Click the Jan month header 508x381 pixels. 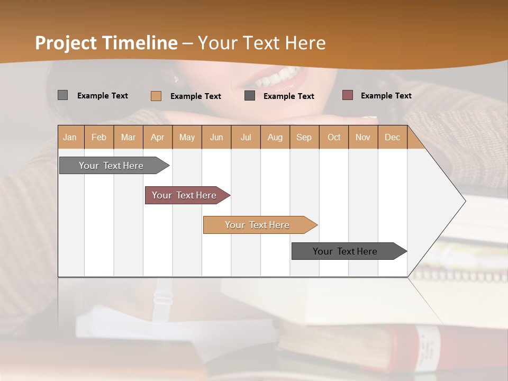pyautogui.click(x=70, y=137)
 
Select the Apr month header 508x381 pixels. pyautogui.click(x=157, y=137)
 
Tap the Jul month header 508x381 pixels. pyautogui.click(x=246, y=137)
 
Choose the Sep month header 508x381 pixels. pyautogui.click(x=304, y=137)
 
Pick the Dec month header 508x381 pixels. pyautogui.click(x=392, y=137)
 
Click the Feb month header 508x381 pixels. pyautogui.click(x=99, y=137)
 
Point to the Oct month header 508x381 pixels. pyautogui.click(x=334, y=137)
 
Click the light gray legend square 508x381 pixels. pyautogui.click(x=62, y=95)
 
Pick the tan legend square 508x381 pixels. pyautogui.click(x=156, y=96)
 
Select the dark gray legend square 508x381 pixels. pyautogui.click(x=250, y=96)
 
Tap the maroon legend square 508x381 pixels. pyautogui.click(x=348, y=95)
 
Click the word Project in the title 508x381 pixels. pyautogui.click(x=66, y=43)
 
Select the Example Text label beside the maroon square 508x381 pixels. pyautogui.click(x=386, y=95)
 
